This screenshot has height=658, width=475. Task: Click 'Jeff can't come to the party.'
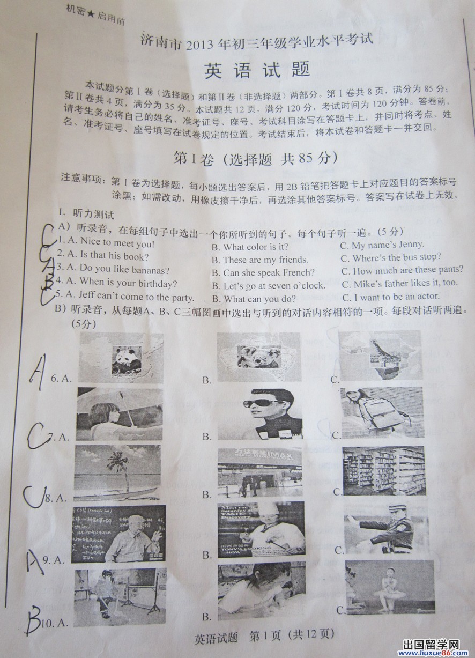(130, 296)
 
